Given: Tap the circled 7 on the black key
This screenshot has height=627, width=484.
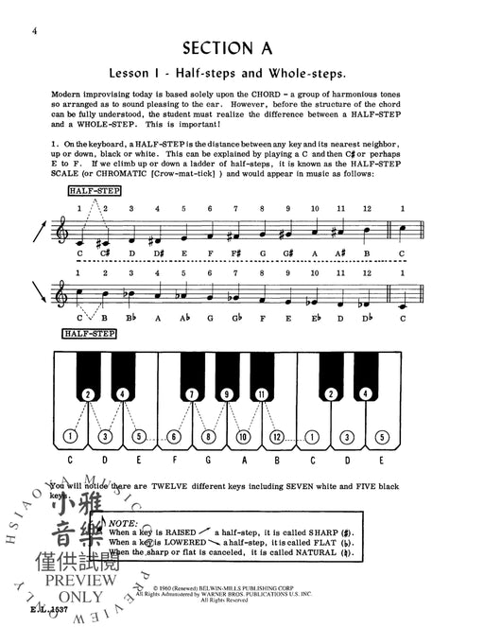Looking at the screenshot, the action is (x=192, y=393).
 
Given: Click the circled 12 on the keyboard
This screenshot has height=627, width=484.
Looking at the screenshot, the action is (x=276, y=437).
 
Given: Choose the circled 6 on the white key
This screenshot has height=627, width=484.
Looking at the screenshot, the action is (x=174, y=437).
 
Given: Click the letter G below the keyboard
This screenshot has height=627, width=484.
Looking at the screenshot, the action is (x=209, y=463).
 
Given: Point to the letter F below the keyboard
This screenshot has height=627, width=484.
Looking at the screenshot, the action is (x=175, y=463).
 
